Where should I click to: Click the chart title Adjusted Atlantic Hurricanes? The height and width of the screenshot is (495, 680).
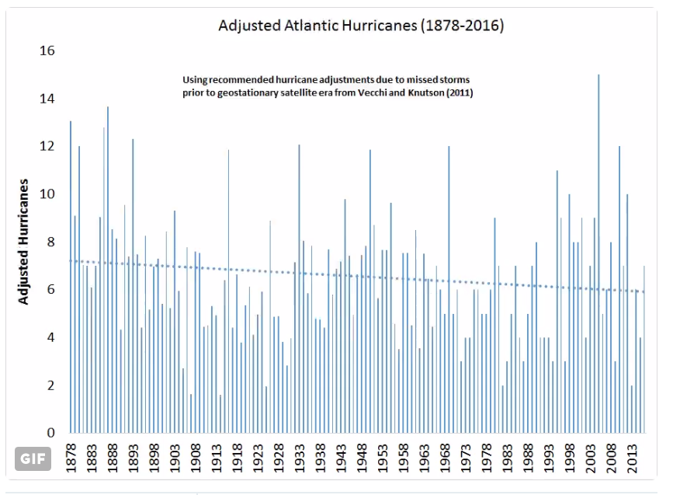361,26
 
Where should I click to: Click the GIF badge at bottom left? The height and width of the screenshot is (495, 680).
33,458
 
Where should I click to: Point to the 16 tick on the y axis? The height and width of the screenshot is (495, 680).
47,51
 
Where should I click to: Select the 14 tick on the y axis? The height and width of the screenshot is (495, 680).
47,99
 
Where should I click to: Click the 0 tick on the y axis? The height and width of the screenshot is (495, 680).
50,433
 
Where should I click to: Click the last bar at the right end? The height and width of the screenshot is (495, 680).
644,350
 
